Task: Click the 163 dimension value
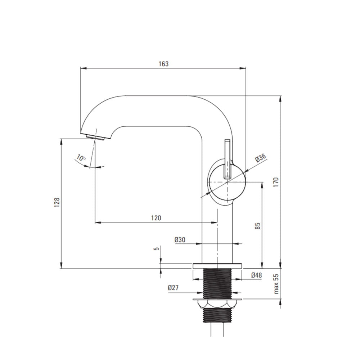click(x=163, y=64)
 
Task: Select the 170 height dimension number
click(x=276, y=182)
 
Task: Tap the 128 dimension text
click(x=57, y=202)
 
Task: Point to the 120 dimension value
click(x=156, y=218)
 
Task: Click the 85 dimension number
click(x=258, y=226)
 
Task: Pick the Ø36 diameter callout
click(x=261, y=158)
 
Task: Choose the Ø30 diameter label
click(x=180, y=240)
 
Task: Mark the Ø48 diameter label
click(x=256, y=275)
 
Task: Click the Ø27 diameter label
click(x=173, y=287)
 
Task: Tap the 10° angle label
click(x=81, y=158)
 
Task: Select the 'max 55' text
click(x=276, y=284)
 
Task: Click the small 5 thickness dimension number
click(x=156, y=249)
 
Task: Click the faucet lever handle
click(x=227, y=159)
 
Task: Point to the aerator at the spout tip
click(x=95, y=137)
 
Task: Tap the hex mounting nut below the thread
click(x=217, y=304)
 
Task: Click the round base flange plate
click(x=217, y=266)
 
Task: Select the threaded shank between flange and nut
click(x=217, y=284)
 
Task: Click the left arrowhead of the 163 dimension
click(x=84, y=68)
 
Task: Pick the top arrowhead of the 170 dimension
click(x=280, y=99)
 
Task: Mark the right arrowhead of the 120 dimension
click(x=214, y=222)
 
